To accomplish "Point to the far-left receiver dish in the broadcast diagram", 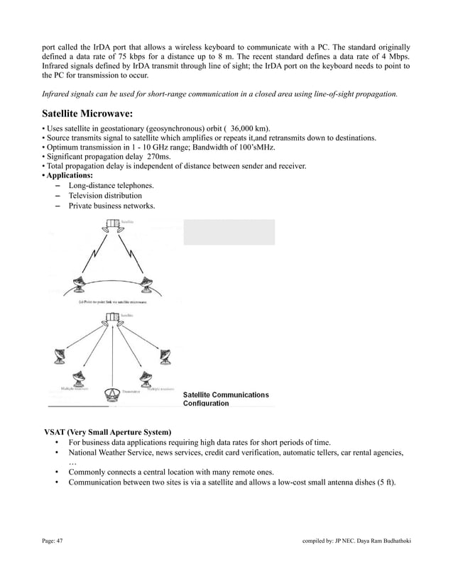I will [56, 356].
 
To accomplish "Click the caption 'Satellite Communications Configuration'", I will [226, 399].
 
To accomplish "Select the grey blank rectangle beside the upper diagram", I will [229, 232].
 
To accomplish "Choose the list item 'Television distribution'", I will [105, 195].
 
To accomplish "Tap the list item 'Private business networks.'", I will [111, 206].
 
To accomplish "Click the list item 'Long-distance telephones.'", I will [111, 185].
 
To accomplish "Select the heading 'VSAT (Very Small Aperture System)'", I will [107, 432].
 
